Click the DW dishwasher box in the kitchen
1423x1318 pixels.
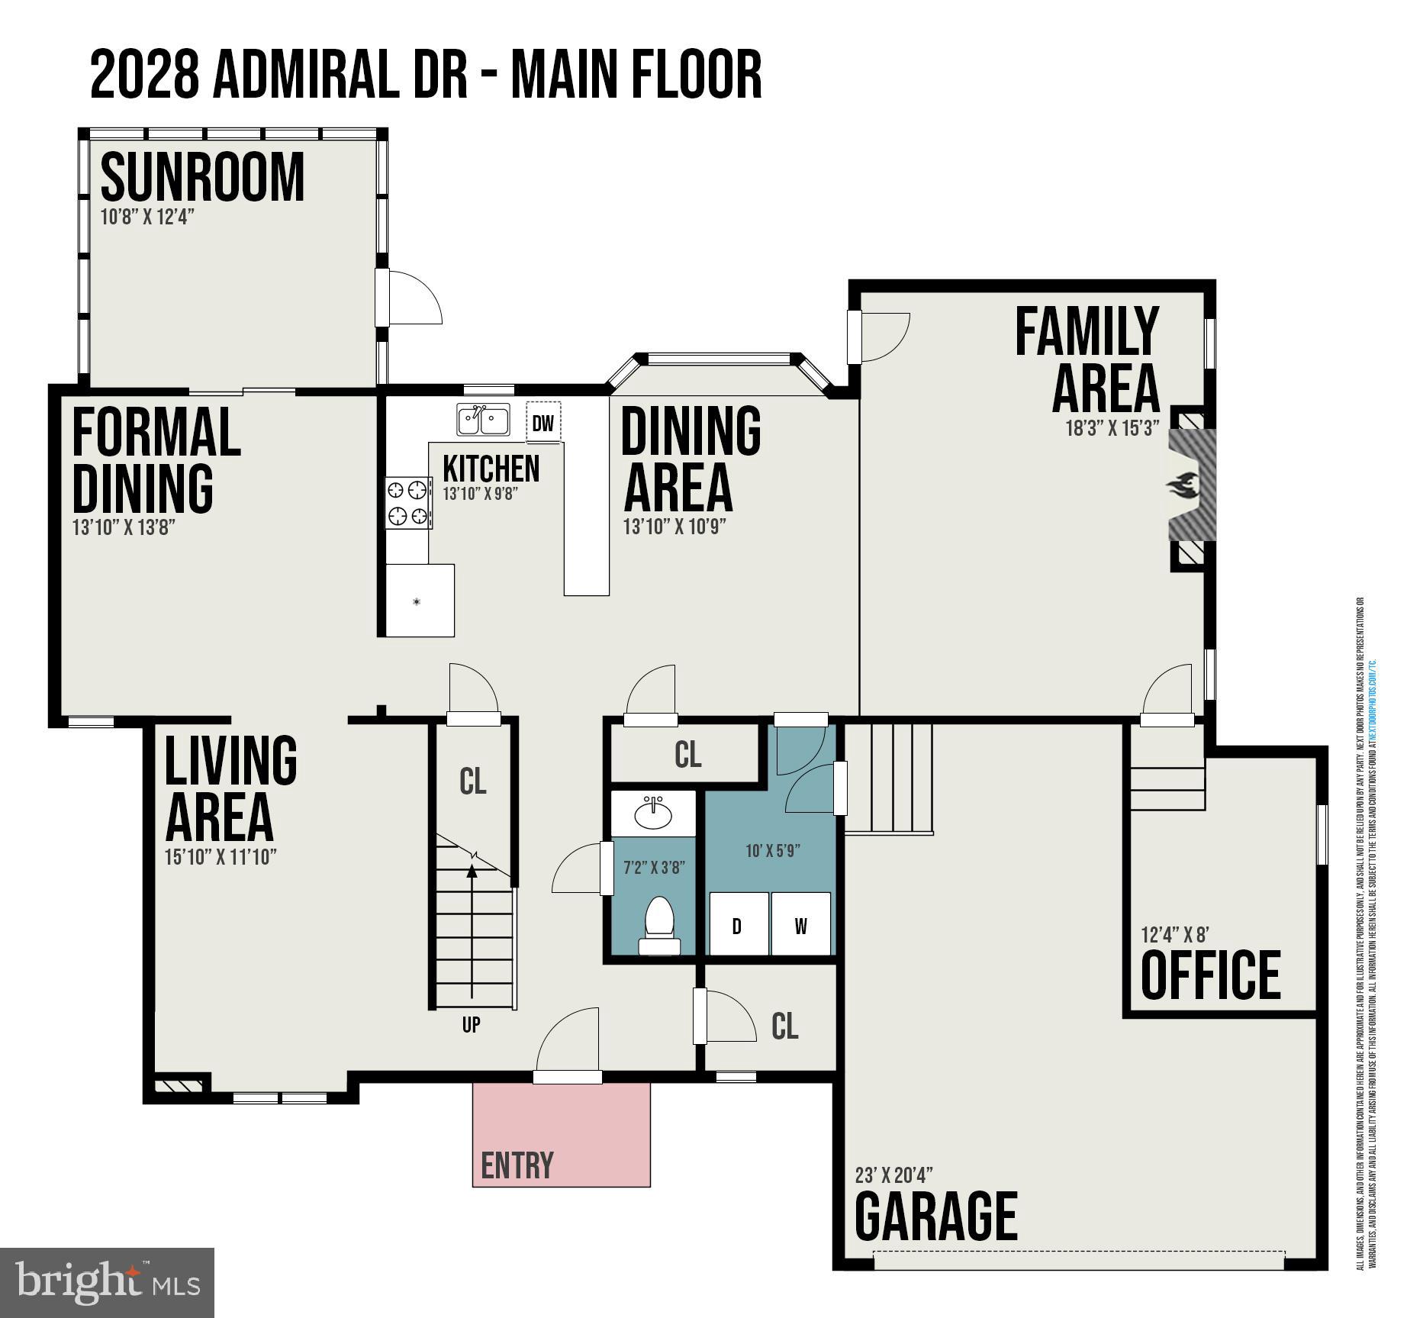(x=543, y=423)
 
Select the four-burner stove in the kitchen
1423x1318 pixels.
(x=407, y=502)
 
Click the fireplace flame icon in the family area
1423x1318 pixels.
(x=1183, y=485)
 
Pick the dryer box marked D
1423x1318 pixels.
(x=737, y=926)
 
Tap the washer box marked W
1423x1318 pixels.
(x=800, y=926)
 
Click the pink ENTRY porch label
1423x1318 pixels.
(x=517, y=1165)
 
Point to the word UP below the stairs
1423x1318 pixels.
(x=471, y=1024)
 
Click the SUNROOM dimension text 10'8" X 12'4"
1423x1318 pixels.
(x=147, y=217)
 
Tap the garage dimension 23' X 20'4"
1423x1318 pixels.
(x=893, y=1175)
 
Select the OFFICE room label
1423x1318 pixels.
(x=1210, y=975)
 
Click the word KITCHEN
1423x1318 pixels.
(x=491, y=468)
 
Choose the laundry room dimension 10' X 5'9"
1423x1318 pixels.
(x=772, y=850)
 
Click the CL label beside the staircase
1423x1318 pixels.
(x=472, y=781)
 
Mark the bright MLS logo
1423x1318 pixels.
(x=107, y=1282)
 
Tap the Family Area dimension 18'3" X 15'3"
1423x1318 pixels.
(x=1112, y=427)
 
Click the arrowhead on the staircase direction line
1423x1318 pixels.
(x=472, y=869)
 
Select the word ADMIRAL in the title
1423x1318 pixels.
(x=306, y=75)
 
